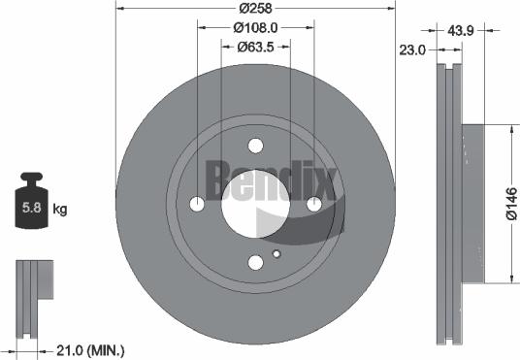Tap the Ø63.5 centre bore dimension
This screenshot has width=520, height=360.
tap(256, 46)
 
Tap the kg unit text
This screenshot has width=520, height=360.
tap(60, 209)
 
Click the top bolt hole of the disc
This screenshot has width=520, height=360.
tap(256, 147)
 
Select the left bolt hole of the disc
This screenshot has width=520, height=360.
tap(198, 205)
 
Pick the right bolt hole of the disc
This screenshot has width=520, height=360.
tap(314, 205)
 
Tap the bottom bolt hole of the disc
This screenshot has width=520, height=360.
tap(256, 263)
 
